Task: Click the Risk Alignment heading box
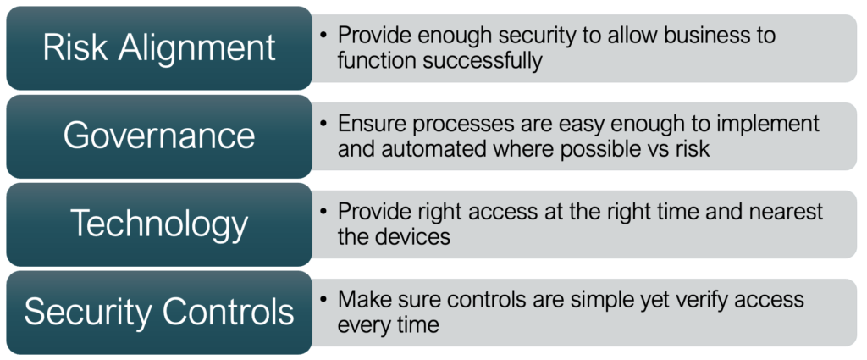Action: [159, 48]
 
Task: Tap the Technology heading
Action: [159, 224]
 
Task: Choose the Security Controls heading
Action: [159, 313]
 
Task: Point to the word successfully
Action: [483, 61]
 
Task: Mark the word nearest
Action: [783, 212]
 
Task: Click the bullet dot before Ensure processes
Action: [323, 123]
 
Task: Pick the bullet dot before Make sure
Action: [323, 299]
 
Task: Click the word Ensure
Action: [373, 124]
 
